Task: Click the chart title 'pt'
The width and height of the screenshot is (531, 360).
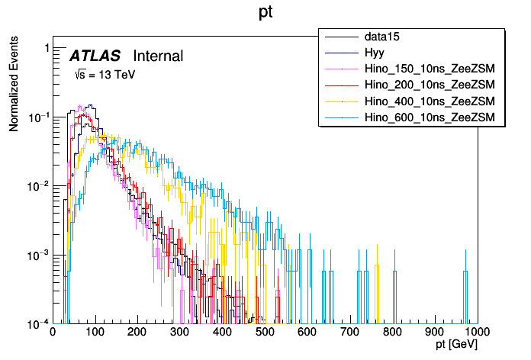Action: (265, 13)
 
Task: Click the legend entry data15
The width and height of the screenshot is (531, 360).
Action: (381, 37)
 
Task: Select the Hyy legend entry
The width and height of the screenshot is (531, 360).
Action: (374, 53)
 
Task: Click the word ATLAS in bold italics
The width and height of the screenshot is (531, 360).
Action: (95, 56)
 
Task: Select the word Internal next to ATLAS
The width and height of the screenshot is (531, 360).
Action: (158, 56)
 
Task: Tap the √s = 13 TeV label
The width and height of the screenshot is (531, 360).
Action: (104, 75)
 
